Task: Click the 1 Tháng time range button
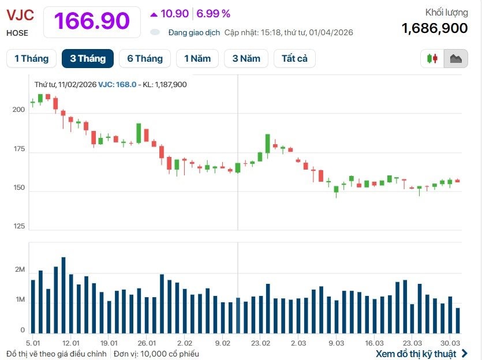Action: click(31, 58)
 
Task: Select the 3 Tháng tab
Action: click(88, 58)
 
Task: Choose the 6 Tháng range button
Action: click(145, 58)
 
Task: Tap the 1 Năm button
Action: click(197, 58)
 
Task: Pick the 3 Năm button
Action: click(246, 58)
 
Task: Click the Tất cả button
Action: click(294, 58)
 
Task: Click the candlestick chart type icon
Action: click(432, 58)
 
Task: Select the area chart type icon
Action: click(455, 58)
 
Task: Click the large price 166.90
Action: click(92, 21)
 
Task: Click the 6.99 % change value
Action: click(214, 13)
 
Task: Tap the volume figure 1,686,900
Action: click(435, 28)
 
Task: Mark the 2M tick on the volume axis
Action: click(20, 270)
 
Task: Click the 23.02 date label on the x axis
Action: click(260, 343)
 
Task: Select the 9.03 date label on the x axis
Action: click(336, 343)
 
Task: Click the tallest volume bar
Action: click(63, 295)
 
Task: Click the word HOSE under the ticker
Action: click(17, 33)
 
